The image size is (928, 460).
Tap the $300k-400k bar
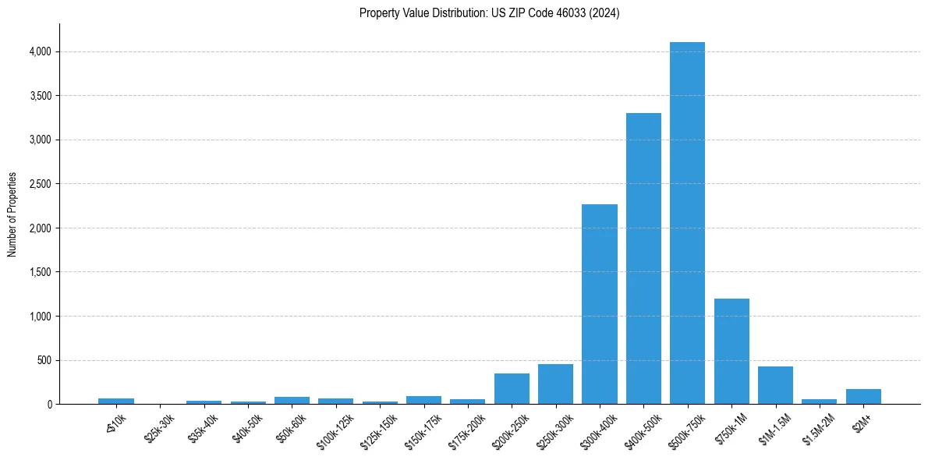(x=600, y=304)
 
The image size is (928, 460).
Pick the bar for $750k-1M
(x=731, y=352)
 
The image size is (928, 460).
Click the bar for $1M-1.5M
(x=775, y=385)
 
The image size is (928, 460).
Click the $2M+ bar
(x=863, y=397)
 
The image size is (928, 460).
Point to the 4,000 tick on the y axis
(x=41, y=51)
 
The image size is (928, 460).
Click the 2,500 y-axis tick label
(x=41, y=184)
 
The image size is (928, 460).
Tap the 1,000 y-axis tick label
(x=41, y=317)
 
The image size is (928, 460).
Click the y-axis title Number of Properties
(x=12, y=214)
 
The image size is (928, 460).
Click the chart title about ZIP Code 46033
(x=489, y=13)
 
